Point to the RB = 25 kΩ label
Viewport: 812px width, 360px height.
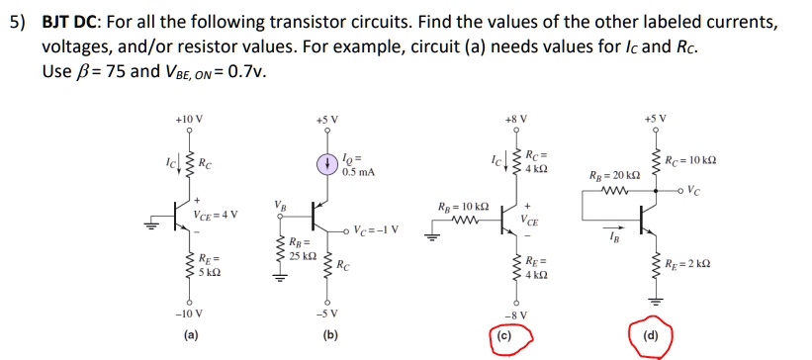click(x=303, y=250)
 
